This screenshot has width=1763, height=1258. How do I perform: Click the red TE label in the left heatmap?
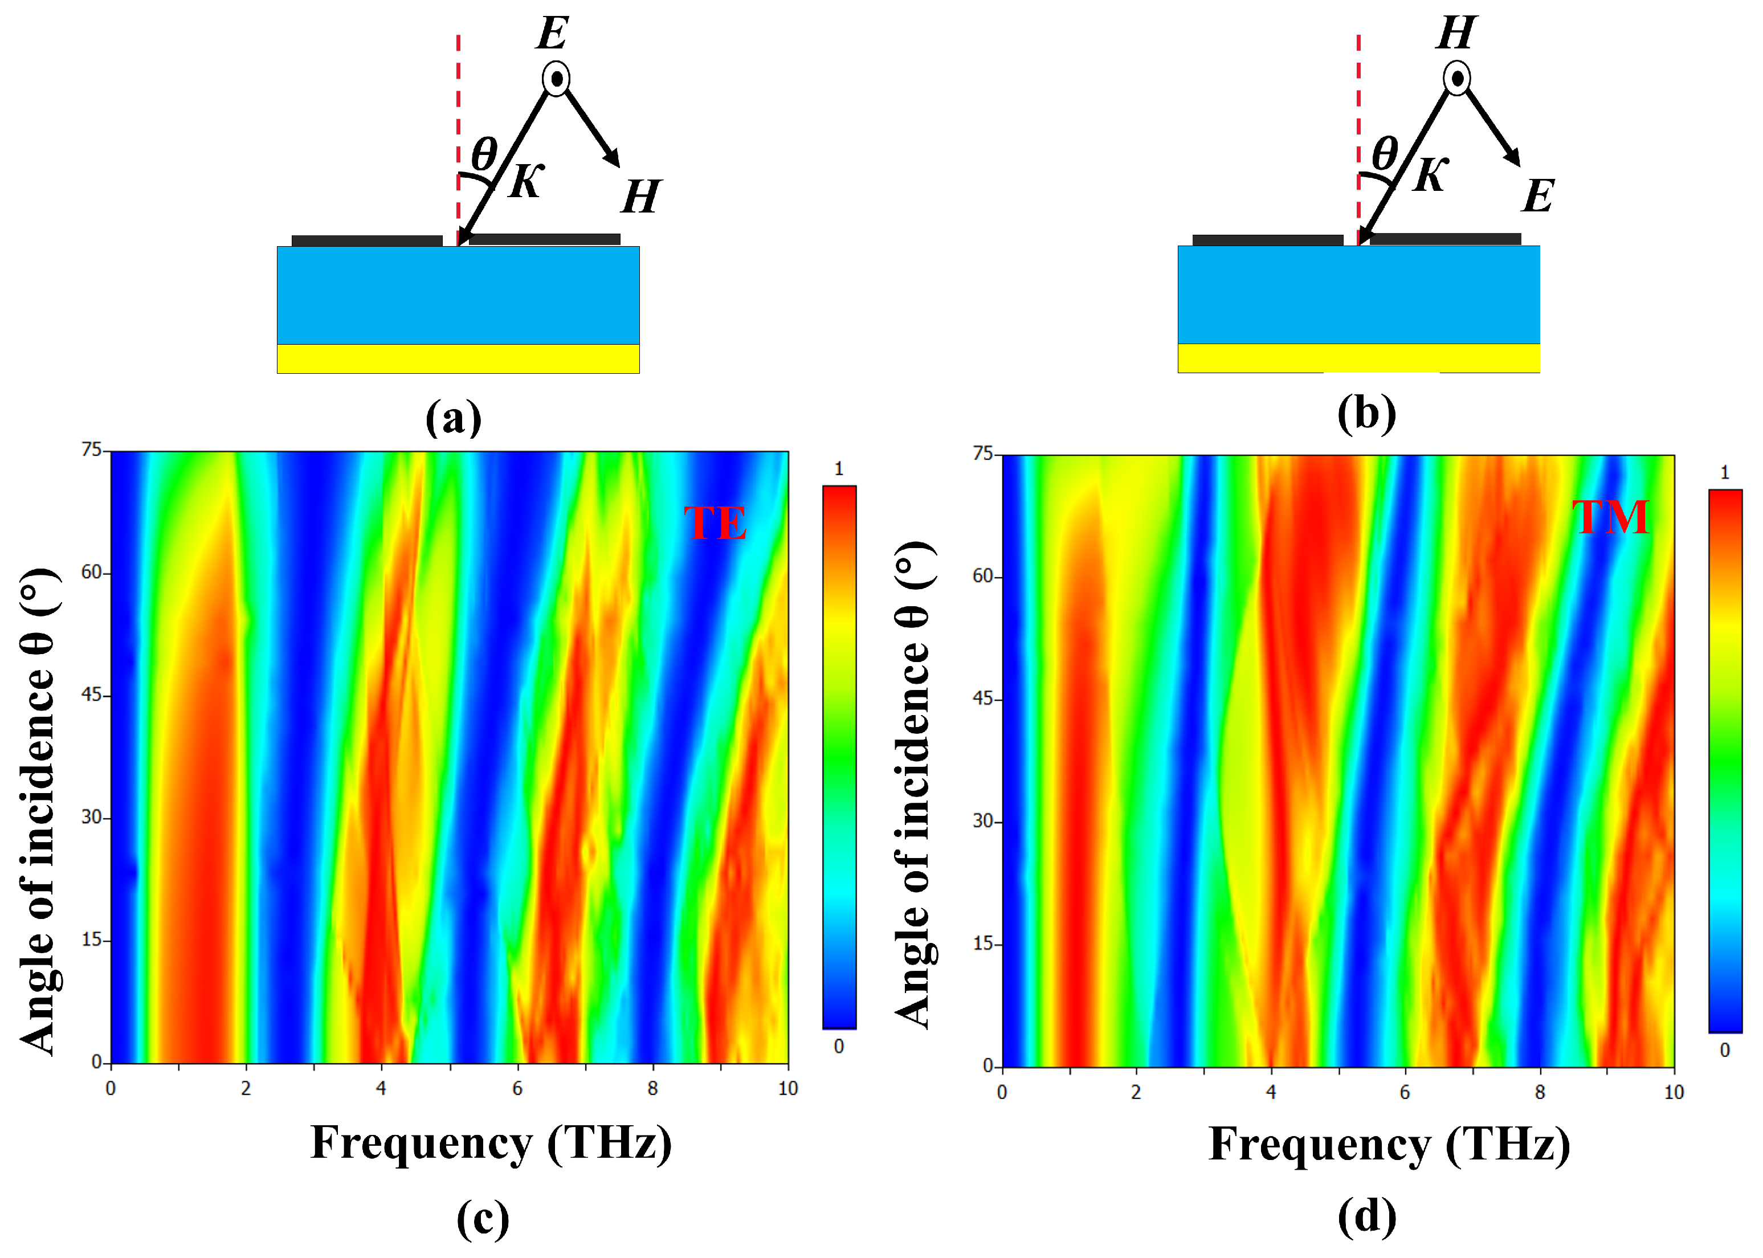click(714, 523)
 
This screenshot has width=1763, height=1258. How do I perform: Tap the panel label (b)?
click(1366, 414)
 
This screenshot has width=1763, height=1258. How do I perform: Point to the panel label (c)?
click(483, 1219)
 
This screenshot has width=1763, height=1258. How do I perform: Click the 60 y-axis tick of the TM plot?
click(983, 577)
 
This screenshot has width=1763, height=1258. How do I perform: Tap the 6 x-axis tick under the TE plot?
click(517, 1088)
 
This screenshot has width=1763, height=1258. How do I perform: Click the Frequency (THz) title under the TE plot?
click(491, 1143)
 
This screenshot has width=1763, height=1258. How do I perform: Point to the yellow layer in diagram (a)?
click(458, 358)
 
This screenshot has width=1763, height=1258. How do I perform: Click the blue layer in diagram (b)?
click(1358, 295)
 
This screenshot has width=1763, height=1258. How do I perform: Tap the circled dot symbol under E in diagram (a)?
click(556, 78)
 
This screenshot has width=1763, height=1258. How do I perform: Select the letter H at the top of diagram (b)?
click(1456, 32)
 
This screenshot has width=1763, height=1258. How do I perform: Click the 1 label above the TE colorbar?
click(839, 469)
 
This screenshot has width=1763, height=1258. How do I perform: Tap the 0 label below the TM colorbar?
click(1724, 1051)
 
